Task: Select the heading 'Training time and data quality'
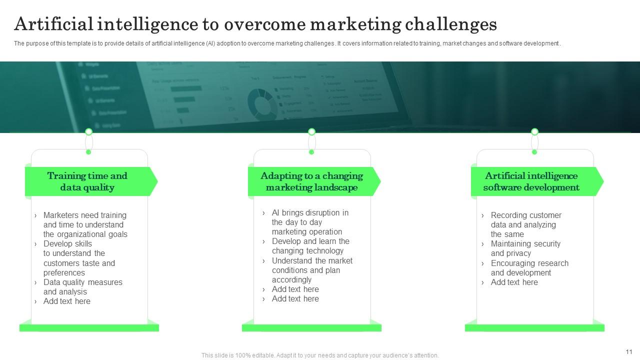[x=87, y=181]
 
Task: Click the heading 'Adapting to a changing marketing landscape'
[x=311, y=181]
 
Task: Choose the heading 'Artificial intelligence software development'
[x=531, y=181]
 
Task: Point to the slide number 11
[x=629, y=351]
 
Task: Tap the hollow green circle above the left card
[x=88, y=131]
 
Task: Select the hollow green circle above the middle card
[x=311, y=131]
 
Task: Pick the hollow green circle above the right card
[x=534, y=131]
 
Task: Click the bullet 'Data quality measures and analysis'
[x=82, y=287]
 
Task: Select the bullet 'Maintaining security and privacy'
[x=525, y=248]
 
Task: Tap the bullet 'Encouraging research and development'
[x=529, y=268]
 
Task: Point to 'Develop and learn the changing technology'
[x=310, y=246]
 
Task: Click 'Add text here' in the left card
[x=67, y=301]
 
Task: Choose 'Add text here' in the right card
[x=514, y=282]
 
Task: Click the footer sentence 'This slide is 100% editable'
[x=320, y=355]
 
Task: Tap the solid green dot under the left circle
[x=88, y=152]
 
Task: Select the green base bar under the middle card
[x=311, y=328]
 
